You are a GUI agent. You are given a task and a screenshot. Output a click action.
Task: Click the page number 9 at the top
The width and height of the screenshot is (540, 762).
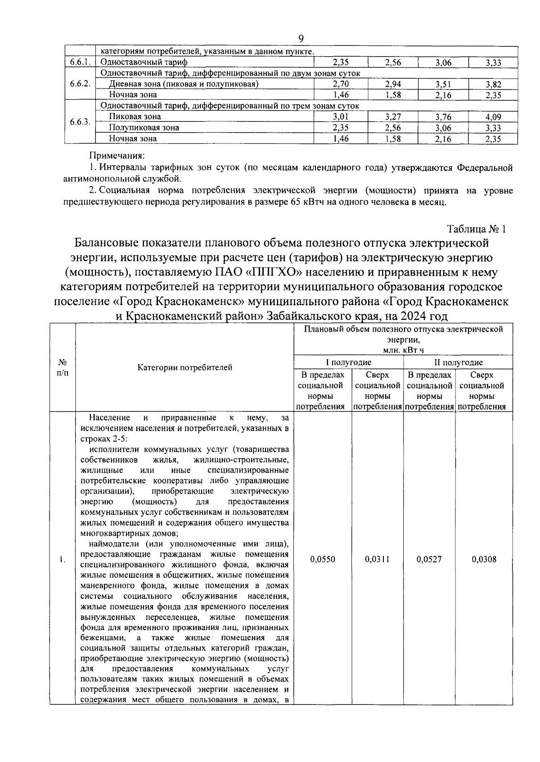click(x=301, y=39)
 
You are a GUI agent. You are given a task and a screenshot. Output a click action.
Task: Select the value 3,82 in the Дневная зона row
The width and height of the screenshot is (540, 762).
click(x=493, y=84)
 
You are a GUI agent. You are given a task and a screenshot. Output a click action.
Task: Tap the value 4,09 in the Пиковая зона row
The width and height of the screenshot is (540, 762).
click(x=493, y=117)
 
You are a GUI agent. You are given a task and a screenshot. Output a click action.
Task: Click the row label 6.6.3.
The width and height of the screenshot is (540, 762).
click(x=81, y=122)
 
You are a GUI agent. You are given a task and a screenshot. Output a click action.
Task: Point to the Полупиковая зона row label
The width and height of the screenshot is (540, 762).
click(x=144, y=128)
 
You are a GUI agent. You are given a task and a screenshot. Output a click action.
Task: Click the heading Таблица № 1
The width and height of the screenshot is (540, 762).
click(x=477, y=229)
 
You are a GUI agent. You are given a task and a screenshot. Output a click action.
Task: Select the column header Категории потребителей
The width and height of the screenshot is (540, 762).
click(x=184, y=367)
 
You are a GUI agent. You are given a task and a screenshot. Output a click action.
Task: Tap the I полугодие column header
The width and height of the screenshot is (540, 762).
click(x=348, y=362)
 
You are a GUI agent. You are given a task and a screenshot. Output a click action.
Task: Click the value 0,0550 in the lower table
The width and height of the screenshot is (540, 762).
click(x=323, y=559)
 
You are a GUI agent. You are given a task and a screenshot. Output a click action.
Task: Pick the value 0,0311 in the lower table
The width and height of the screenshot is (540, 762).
click(x=377, y=559)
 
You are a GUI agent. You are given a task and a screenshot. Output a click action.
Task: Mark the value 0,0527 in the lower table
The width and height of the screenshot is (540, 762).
click(x=429, y=559)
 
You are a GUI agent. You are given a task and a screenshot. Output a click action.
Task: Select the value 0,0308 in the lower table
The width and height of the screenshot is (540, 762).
click(x=484, y=559)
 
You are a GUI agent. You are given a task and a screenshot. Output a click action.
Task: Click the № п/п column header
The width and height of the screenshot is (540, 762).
click(x=63, y=367)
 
